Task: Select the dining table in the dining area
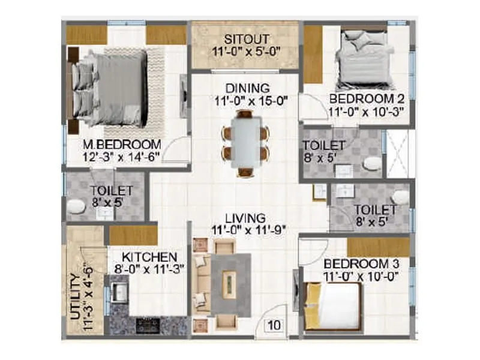(x=245, y=143)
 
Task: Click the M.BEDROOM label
(x=122, y=145)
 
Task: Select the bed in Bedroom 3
(x=333, y=305)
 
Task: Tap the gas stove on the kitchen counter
(x=147, y=326)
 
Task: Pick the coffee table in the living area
(x=229, y=281)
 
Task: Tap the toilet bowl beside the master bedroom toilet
(x=76, y=207)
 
